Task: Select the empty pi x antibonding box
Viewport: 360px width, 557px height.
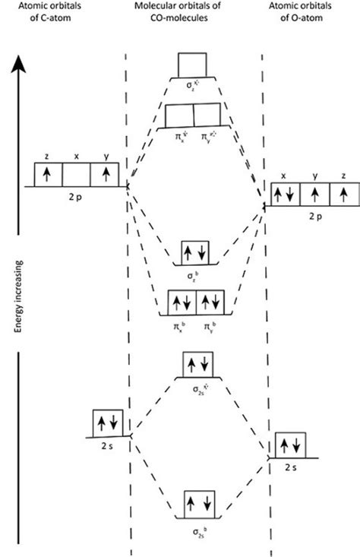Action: [x=180, y=115]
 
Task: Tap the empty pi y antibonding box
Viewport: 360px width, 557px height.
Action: [x=210, y=115]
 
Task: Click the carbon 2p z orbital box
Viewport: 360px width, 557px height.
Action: [x=48, y=174]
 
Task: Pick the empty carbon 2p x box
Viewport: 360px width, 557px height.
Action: [x=76, y=174]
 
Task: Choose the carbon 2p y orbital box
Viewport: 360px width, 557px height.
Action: [x=105, y=174]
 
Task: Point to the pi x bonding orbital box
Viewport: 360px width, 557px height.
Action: [x=181, y=302]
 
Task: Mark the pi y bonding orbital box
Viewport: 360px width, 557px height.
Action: [x=211, y=302]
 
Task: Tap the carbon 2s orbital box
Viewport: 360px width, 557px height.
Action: [x=107, y=422]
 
